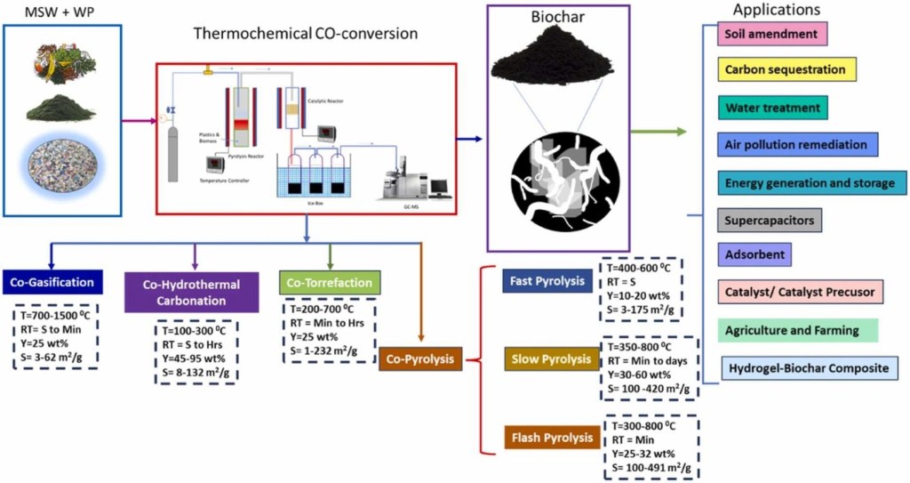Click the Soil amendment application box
(771, 35)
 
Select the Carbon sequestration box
(786, 69)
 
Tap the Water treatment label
(771, 108)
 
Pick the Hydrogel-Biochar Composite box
(807, 366)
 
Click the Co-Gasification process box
(52, 283)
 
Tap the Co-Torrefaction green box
(330, 283)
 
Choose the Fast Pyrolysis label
(547, 281)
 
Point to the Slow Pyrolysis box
(550, 359)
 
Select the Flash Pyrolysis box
(551, 438)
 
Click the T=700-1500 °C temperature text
(57, 315)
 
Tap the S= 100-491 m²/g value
(652, 467)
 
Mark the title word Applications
(776, 10)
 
